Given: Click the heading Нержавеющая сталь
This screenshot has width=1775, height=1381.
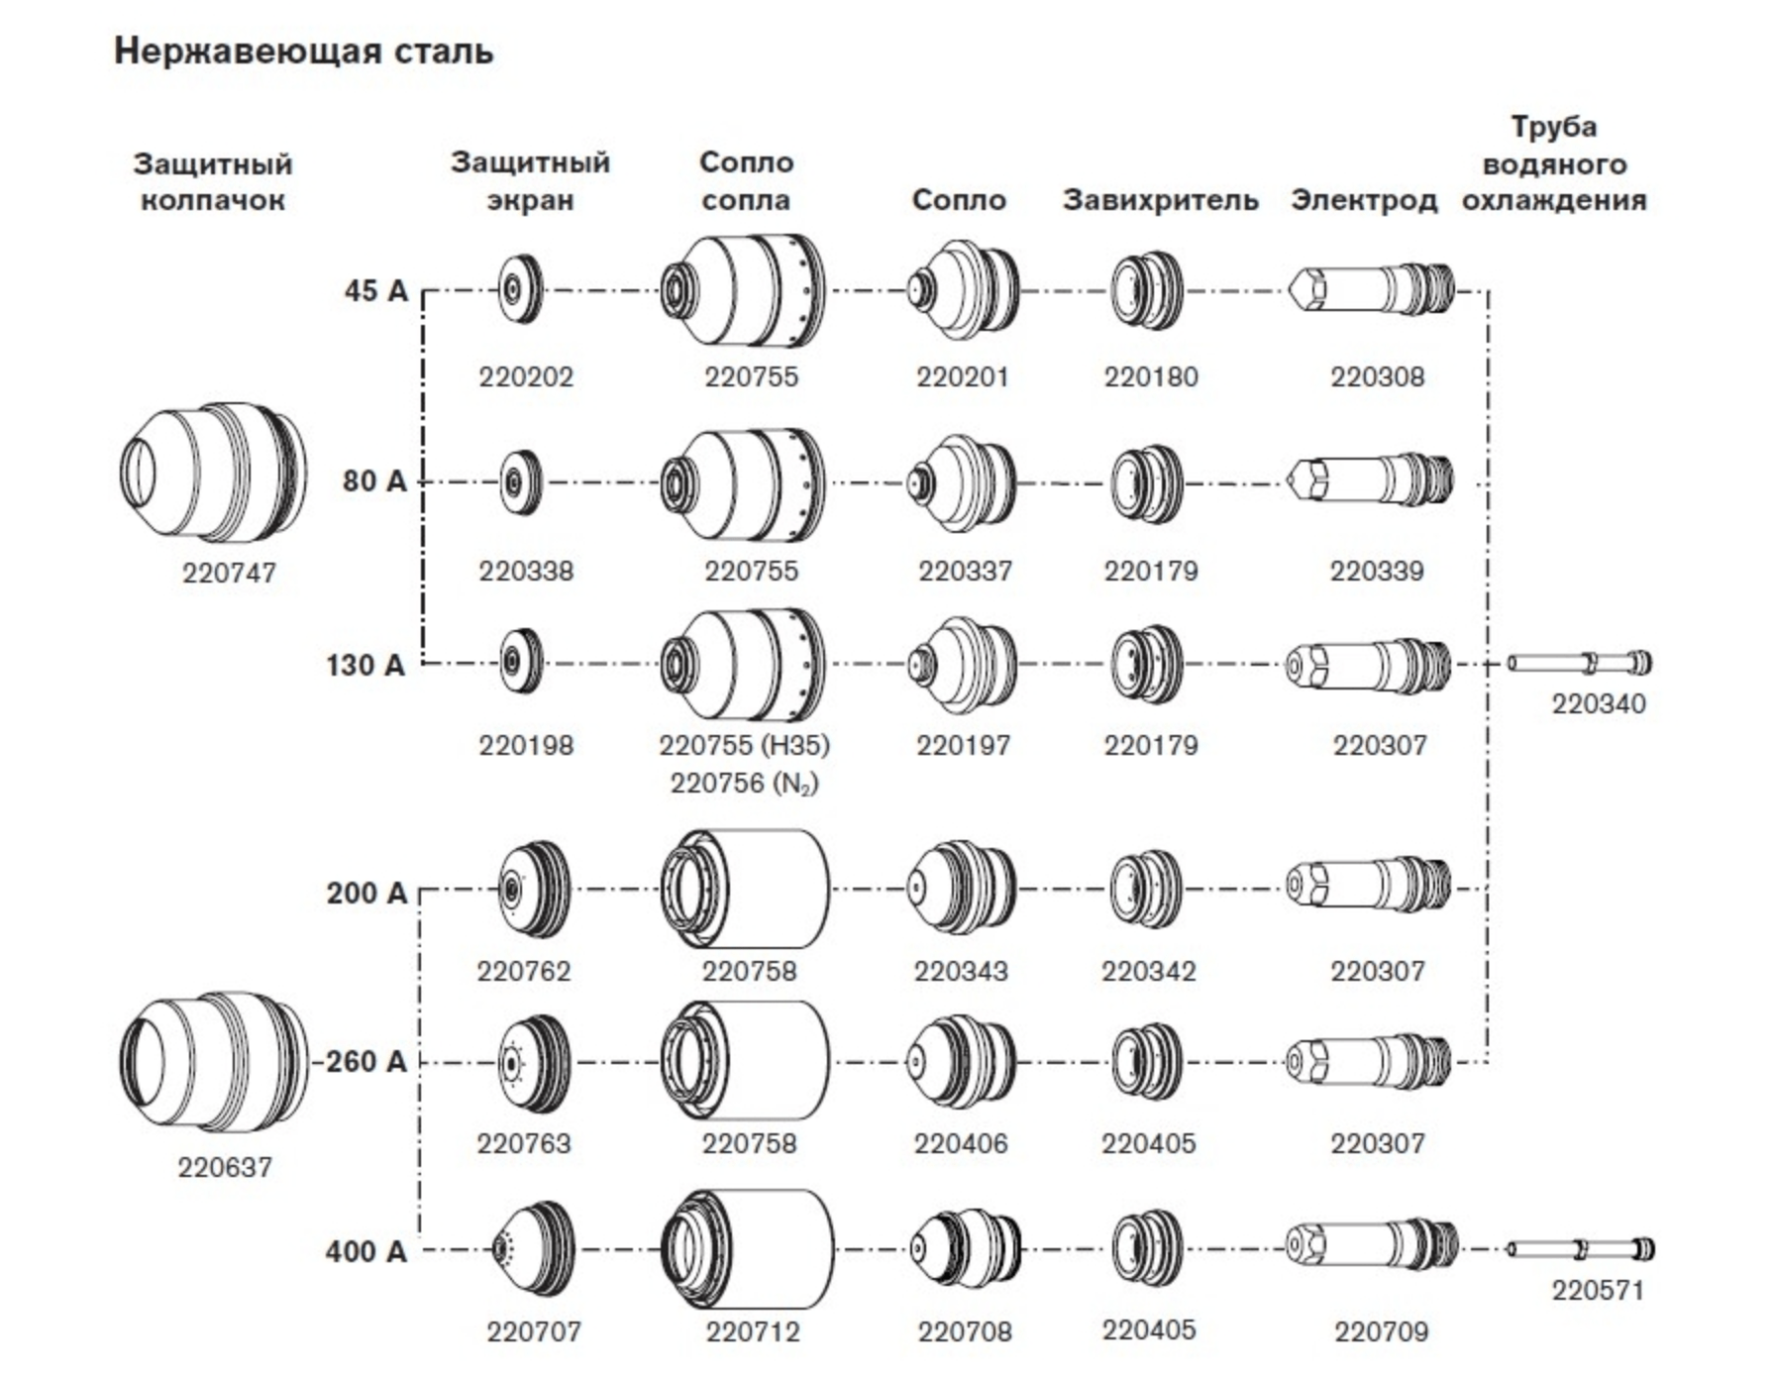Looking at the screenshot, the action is click(x=303, y=52).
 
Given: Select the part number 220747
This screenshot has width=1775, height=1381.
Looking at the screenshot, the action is click(x=229, y=573).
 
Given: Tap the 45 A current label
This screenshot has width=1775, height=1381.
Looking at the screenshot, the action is click(x=375, y=290).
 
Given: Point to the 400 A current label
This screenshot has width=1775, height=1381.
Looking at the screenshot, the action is click(x=366, y=1251).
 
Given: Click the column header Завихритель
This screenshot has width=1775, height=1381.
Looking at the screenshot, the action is click(x=1160, y=200).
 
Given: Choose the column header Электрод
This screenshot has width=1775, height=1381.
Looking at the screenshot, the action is click(x=1363, y=200).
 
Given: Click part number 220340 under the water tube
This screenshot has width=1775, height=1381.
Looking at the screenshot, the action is click(x=1598, y=703).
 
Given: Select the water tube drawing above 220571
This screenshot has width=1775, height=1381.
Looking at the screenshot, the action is click(x=1580, y=1249).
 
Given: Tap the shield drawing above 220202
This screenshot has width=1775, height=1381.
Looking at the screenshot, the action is click(x=521, y=289).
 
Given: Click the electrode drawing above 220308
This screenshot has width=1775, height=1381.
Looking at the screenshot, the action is click(x=1372, y=289).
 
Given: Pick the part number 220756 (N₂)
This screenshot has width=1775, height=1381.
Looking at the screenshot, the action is click(x=744, y=784).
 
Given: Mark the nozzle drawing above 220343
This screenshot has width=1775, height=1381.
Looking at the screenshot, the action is click(x=961, y=888).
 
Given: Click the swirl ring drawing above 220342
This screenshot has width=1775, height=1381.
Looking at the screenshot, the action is click(x=1145, y=889).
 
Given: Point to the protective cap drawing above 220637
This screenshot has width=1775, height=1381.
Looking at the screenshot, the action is click(x=214, y=1061).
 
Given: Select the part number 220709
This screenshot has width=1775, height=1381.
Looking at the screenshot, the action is click(x=1381, y=1331).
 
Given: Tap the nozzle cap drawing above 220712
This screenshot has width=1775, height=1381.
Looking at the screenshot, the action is click(x=747, y=1250).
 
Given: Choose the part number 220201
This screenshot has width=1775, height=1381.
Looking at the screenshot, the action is click(x=962, y=376).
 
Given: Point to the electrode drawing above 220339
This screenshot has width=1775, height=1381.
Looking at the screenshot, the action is click(x=1372, y=480).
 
